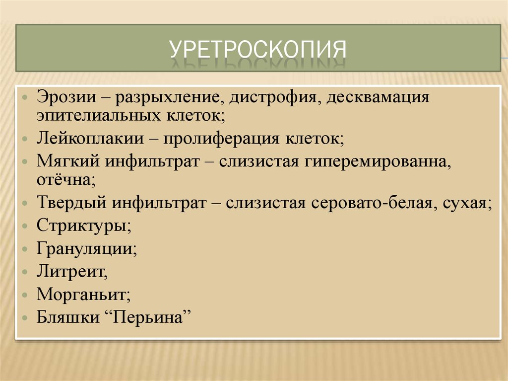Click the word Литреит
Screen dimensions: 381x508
(x=71, y=271)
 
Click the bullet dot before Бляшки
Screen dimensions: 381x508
(x=25, y=317)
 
